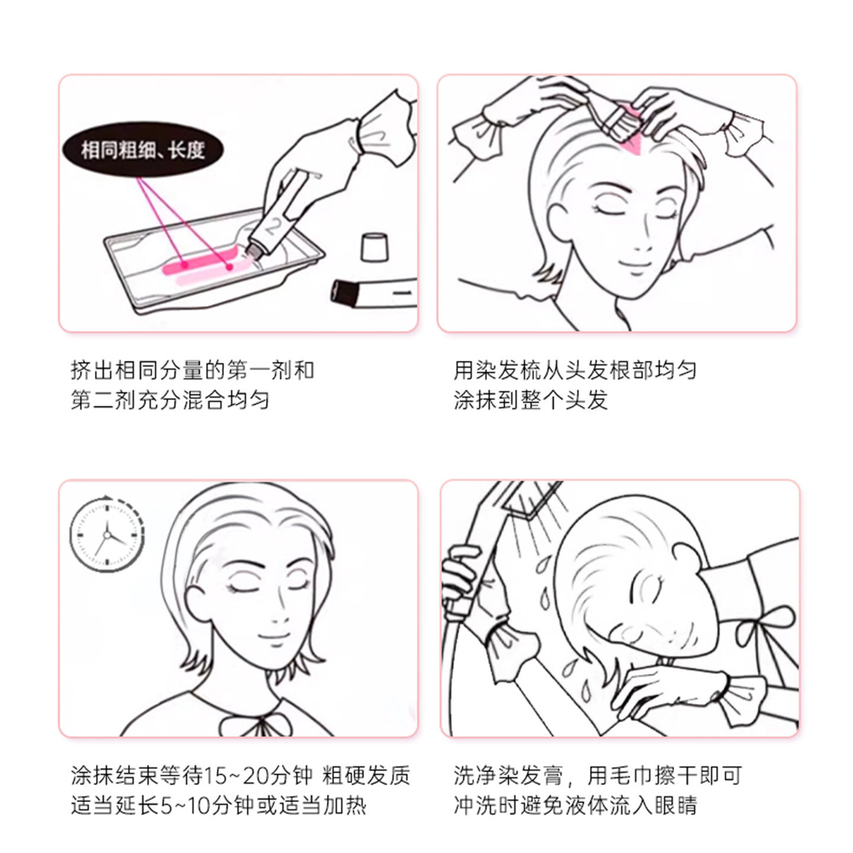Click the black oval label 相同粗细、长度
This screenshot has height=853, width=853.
(x=143, y=150)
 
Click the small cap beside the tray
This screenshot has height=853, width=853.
(x=374, y=247)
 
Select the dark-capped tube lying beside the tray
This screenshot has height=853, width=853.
(x=374, y=293)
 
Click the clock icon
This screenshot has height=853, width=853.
(x=107, y=535)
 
